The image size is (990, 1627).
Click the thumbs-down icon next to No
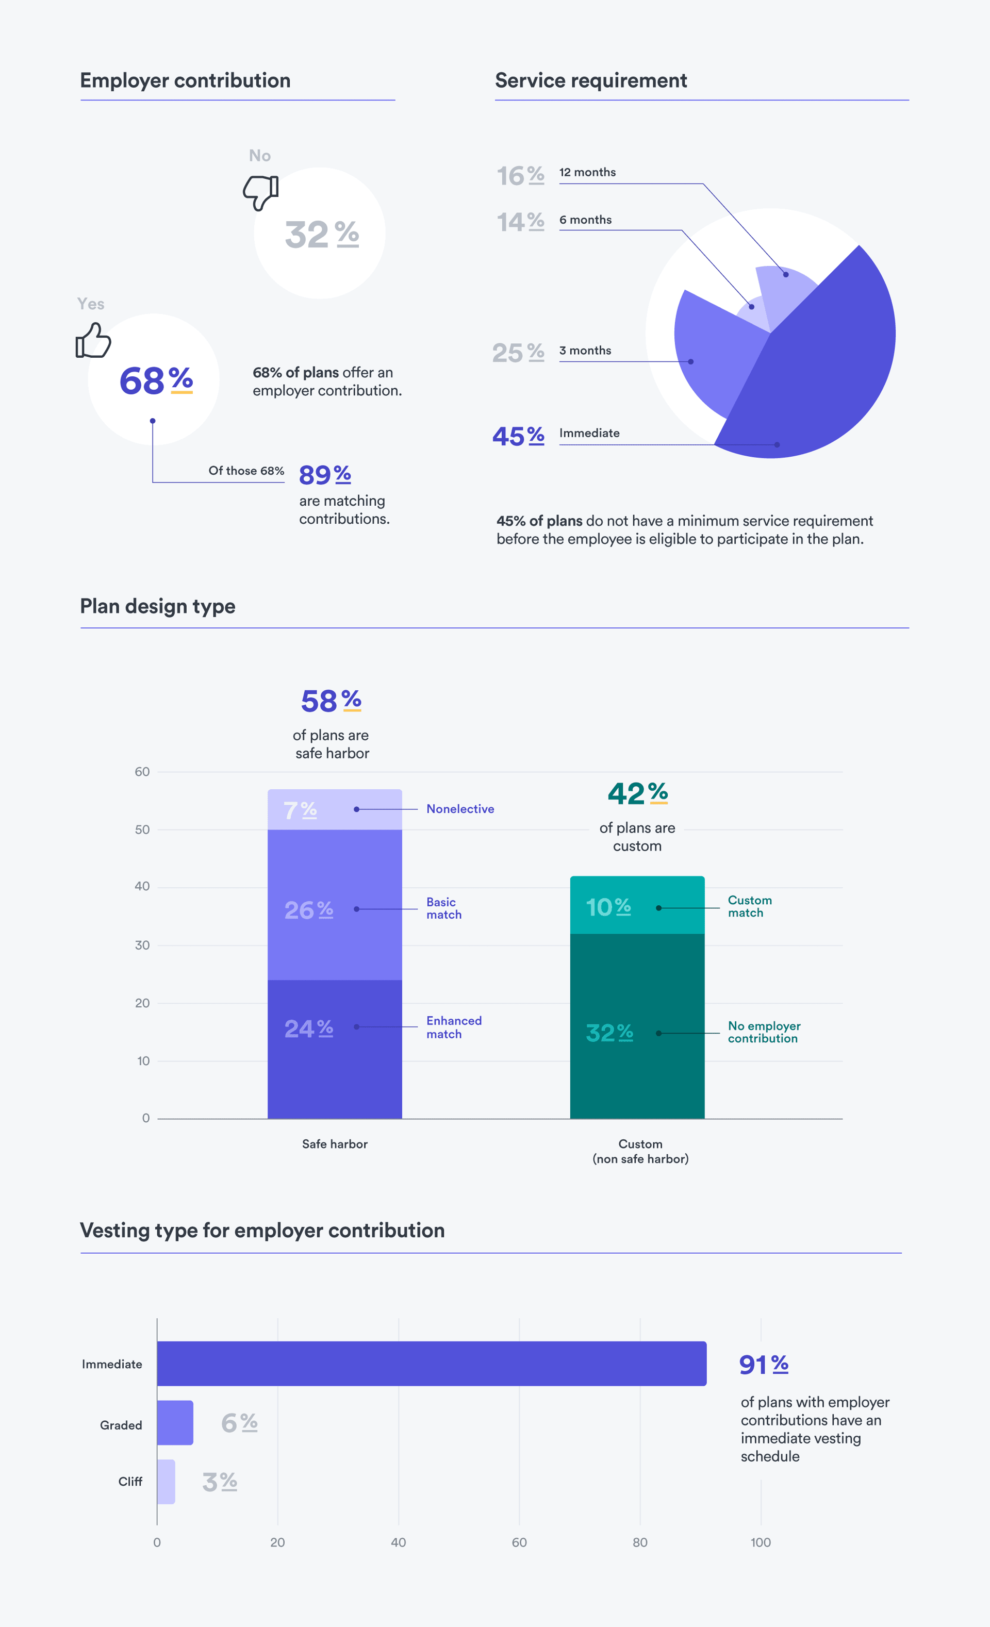coord(261,192)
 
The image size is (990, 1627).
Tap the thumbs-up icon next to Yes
coord(93,341)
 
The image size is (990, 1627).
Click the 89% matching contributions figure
coord(324,474)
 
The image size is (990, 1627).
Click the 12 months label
coord(587,172)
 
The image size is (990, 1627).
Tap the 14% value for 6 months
coord(520,222)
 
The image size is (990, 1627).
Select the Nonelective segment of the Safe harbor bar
coord(334,809)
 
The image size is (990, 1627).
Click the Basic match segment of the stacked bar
coord(334,905)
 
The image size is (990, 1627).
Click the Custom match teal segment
coord(637,905)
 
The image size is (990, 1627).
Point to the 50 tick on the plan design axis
coord(142,829)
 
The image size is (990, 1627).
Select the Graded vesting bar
coord(175,1422)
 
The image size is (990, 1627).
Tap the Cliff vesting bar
coord(166,1482)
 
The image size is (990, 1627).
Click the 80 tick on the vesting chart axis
coord(640,1542)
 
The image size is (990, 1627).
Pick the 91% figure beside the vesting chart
coord(764,1364)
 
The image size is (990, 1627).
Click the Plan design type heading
coord(158,606)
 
